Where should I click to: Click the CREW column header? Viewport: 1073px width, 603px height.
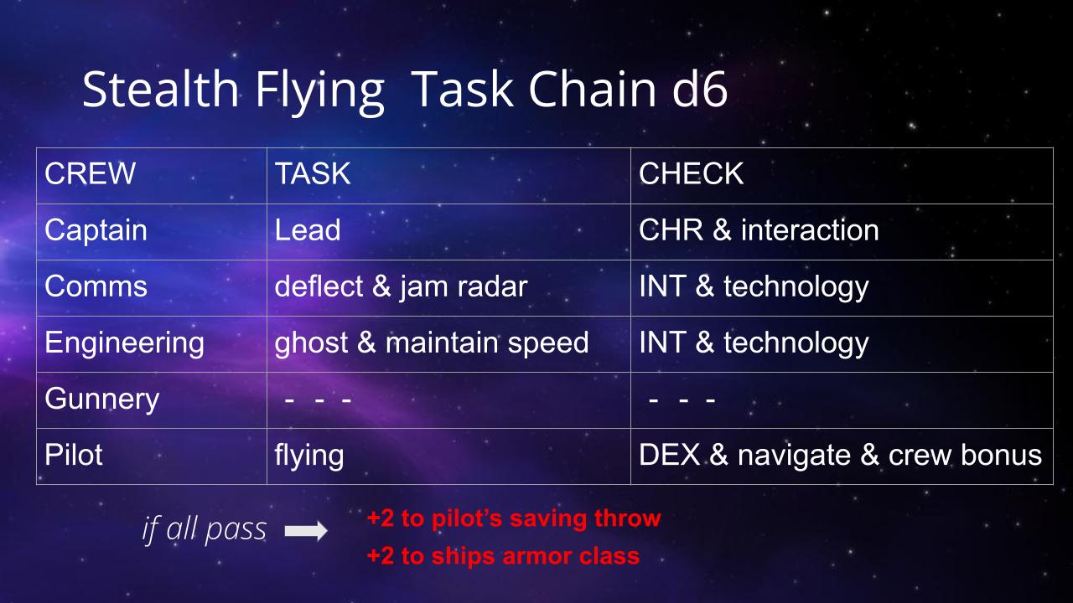point(90,173)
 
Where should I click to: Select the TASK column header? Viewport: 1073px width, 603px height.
point(313,173)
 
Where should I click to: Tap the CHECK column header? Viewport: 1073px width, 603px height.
point(691,173)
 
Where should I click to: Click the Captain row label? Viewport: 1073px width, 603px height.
point(96,230)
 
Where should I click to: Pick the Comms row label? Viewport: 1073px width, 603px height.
point(96,286)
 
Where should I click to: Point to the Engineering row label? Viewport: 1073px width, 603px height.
point(125,343)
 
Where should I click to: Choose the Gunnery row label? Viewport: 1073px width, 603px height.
point(102,399)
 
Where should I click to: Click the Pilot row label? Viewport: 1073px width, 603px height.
point(73,455)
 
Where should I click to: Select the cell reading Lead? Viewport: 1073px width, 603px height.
point(308,229)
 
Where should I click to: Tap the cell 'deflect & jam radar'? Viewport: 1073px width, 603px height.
point(401,286)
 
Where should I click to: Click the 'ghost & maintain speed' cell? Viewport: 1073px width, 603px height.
point(432,343)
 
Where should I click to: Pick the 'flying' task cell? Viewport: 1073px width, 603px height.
point(309,456)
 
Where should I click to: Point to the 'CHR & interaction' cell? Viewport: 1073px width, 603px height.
point(759,229)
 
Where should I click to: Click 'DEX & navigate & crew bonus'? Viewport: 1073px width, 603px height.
point(840,455)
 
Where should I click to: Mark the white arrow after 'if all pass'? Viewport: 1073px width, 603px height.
point(306,530)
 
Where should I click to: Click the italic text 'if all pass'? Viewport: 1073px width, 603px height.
point(204,530)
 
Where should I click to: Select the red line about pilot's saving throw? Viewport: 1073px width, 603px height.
point(514,518)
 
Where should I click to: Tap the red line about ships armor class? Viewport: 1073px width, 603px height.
point(503,556)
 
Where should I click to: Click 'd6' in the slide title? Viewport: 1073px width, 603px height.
point(700,89)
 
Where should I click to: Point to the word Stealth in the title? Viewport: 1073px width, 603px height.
point(160,89)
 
